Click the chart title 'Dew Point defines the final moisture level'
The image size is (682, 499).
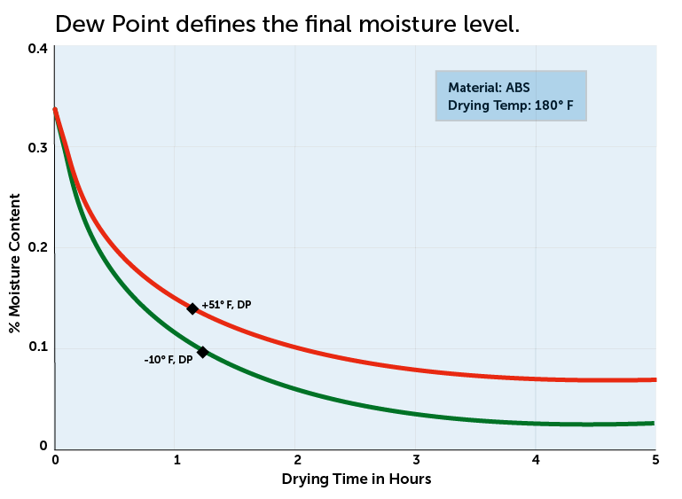tap(286, 25)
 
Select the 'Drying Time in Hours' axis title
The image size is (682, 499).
tap(356, 480)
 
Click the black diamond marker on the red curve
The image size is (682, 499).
tap(192, 308)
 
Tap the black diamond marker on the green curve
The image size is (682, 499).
tap(202, 352)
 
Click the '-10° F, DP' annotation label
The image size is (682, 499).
tap(168, 360)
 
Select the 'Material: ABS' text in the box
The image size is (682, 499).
tap(489, 88)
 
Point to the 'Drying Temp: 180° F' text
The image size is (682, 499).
tap(511, 105)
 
